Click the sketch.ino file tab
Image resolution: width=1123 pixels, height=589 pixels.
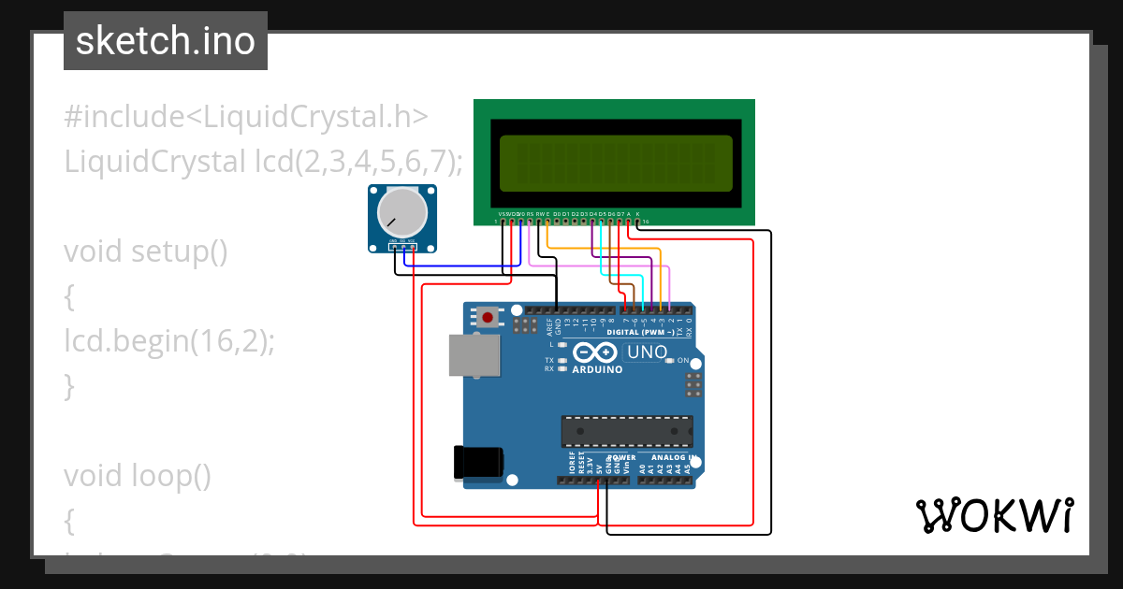[166, 41]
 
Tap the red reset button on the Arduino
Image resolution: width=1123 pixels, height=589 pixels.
[488, 317]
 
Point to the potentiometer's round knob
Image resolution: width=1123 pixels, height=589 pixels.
[401, 214]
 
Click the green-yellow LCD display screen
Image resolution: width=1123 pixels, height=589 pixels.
[616, 160]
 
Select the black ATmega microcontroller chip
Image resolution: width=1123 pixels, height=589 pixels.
[627, 430]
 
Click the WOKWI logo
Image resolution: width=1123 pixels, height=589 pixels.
[994, 515]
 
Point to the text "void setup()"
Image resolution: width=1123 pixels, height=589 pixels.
[146, 251]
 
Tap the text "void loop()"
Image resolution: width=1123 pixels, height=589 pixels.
[138, 476]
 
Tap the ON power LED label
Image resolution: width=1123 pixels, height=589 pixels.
[683, 361]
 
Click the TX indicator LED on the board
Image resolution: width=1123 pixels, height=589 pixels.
[562, 360]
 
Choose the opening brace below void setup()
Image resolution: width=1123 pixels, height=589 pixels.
[68, 297]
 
